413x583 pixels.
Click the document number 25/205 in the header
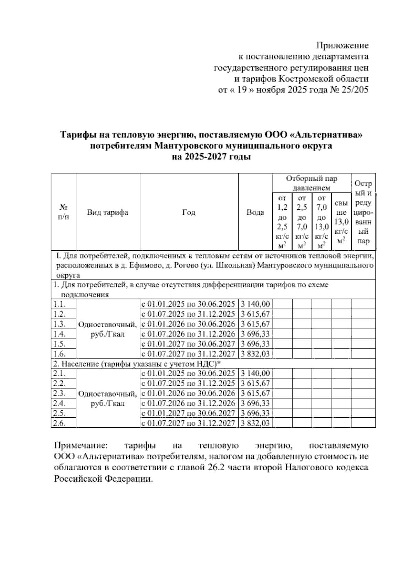tap(356, 90)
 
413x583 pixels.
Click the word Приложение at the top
tap(342, 45)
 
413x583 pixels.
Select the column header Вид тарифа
tap(107, 212)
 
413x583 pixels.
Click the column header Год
tap(189, 212)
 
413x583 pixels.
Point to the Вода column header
tap(255, 212)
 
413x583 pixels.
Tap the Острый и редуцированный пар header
tap(363, 212)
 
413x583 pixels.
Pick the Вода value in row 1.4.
tap(255, 334)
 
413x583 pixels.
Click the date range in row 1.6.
tap(189, 354)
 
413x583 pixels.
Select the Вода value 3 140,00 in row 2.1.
tap(255, 373)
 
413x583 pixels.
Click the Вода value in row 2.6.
tap(255, 423)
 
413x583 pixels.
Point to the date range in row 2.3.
tap(189, 393)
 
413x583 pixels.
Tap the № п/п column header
tap(63, 212)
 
